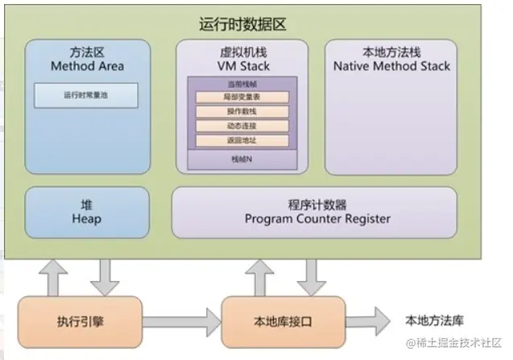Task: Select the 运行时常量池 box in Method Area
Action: click(86, 96)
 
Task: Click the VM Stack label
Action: click(242, 65)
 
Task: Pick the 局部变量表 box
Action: click(242, 97)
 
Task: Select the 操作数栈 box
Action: click(242, 111)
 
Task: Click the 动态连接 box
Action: click(242, 126)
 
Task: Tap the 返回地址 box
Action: click(242, 140)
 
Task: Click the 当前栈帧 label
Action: click(242, 84)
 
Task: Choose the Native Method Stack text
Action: click(391, 65)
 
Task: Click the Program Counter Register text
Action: click(317, 218)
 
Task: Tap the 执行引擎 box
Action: click(79, 321)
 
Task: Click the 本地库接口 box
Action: click(283, 321)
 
